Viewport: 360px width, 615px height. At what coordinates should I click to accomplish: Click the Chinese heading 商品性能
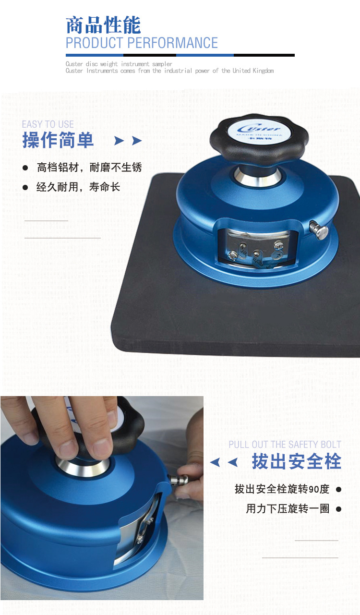point(103,25)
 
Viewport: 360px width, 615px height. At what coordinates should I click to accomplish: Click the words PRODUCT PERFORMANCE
point(142,43)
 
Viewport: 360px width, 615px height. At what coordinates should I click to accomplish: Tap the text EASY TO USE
point(48,125)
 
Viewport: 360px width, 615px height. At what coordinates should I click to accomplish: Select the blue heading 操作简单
point(58,141)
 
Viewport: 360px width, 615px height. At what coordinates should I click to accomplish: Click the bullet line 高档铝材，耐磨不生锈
point(89,168)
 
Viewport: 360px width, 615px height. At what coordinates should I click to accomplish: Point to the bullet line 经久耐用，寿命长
point(78,187)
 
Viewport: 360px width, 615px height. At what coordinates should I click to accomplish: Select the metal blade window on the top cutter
point(254,246)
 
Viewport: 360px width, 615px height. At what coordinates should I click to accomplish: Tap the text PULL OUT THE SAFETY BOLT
point(285,445)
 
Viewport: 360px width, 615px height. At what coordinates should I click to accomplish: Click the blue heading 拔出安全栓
point(296,461)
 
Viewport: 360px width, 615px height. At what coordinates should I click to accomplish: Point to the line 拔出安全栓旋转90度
point(282,489)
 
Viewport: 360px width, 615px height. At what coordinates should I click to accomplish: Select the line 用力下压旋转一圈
point(288,509)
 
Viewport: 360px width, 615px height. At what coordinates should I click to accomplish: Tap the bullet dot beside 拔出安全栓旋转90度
point(338,489)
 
